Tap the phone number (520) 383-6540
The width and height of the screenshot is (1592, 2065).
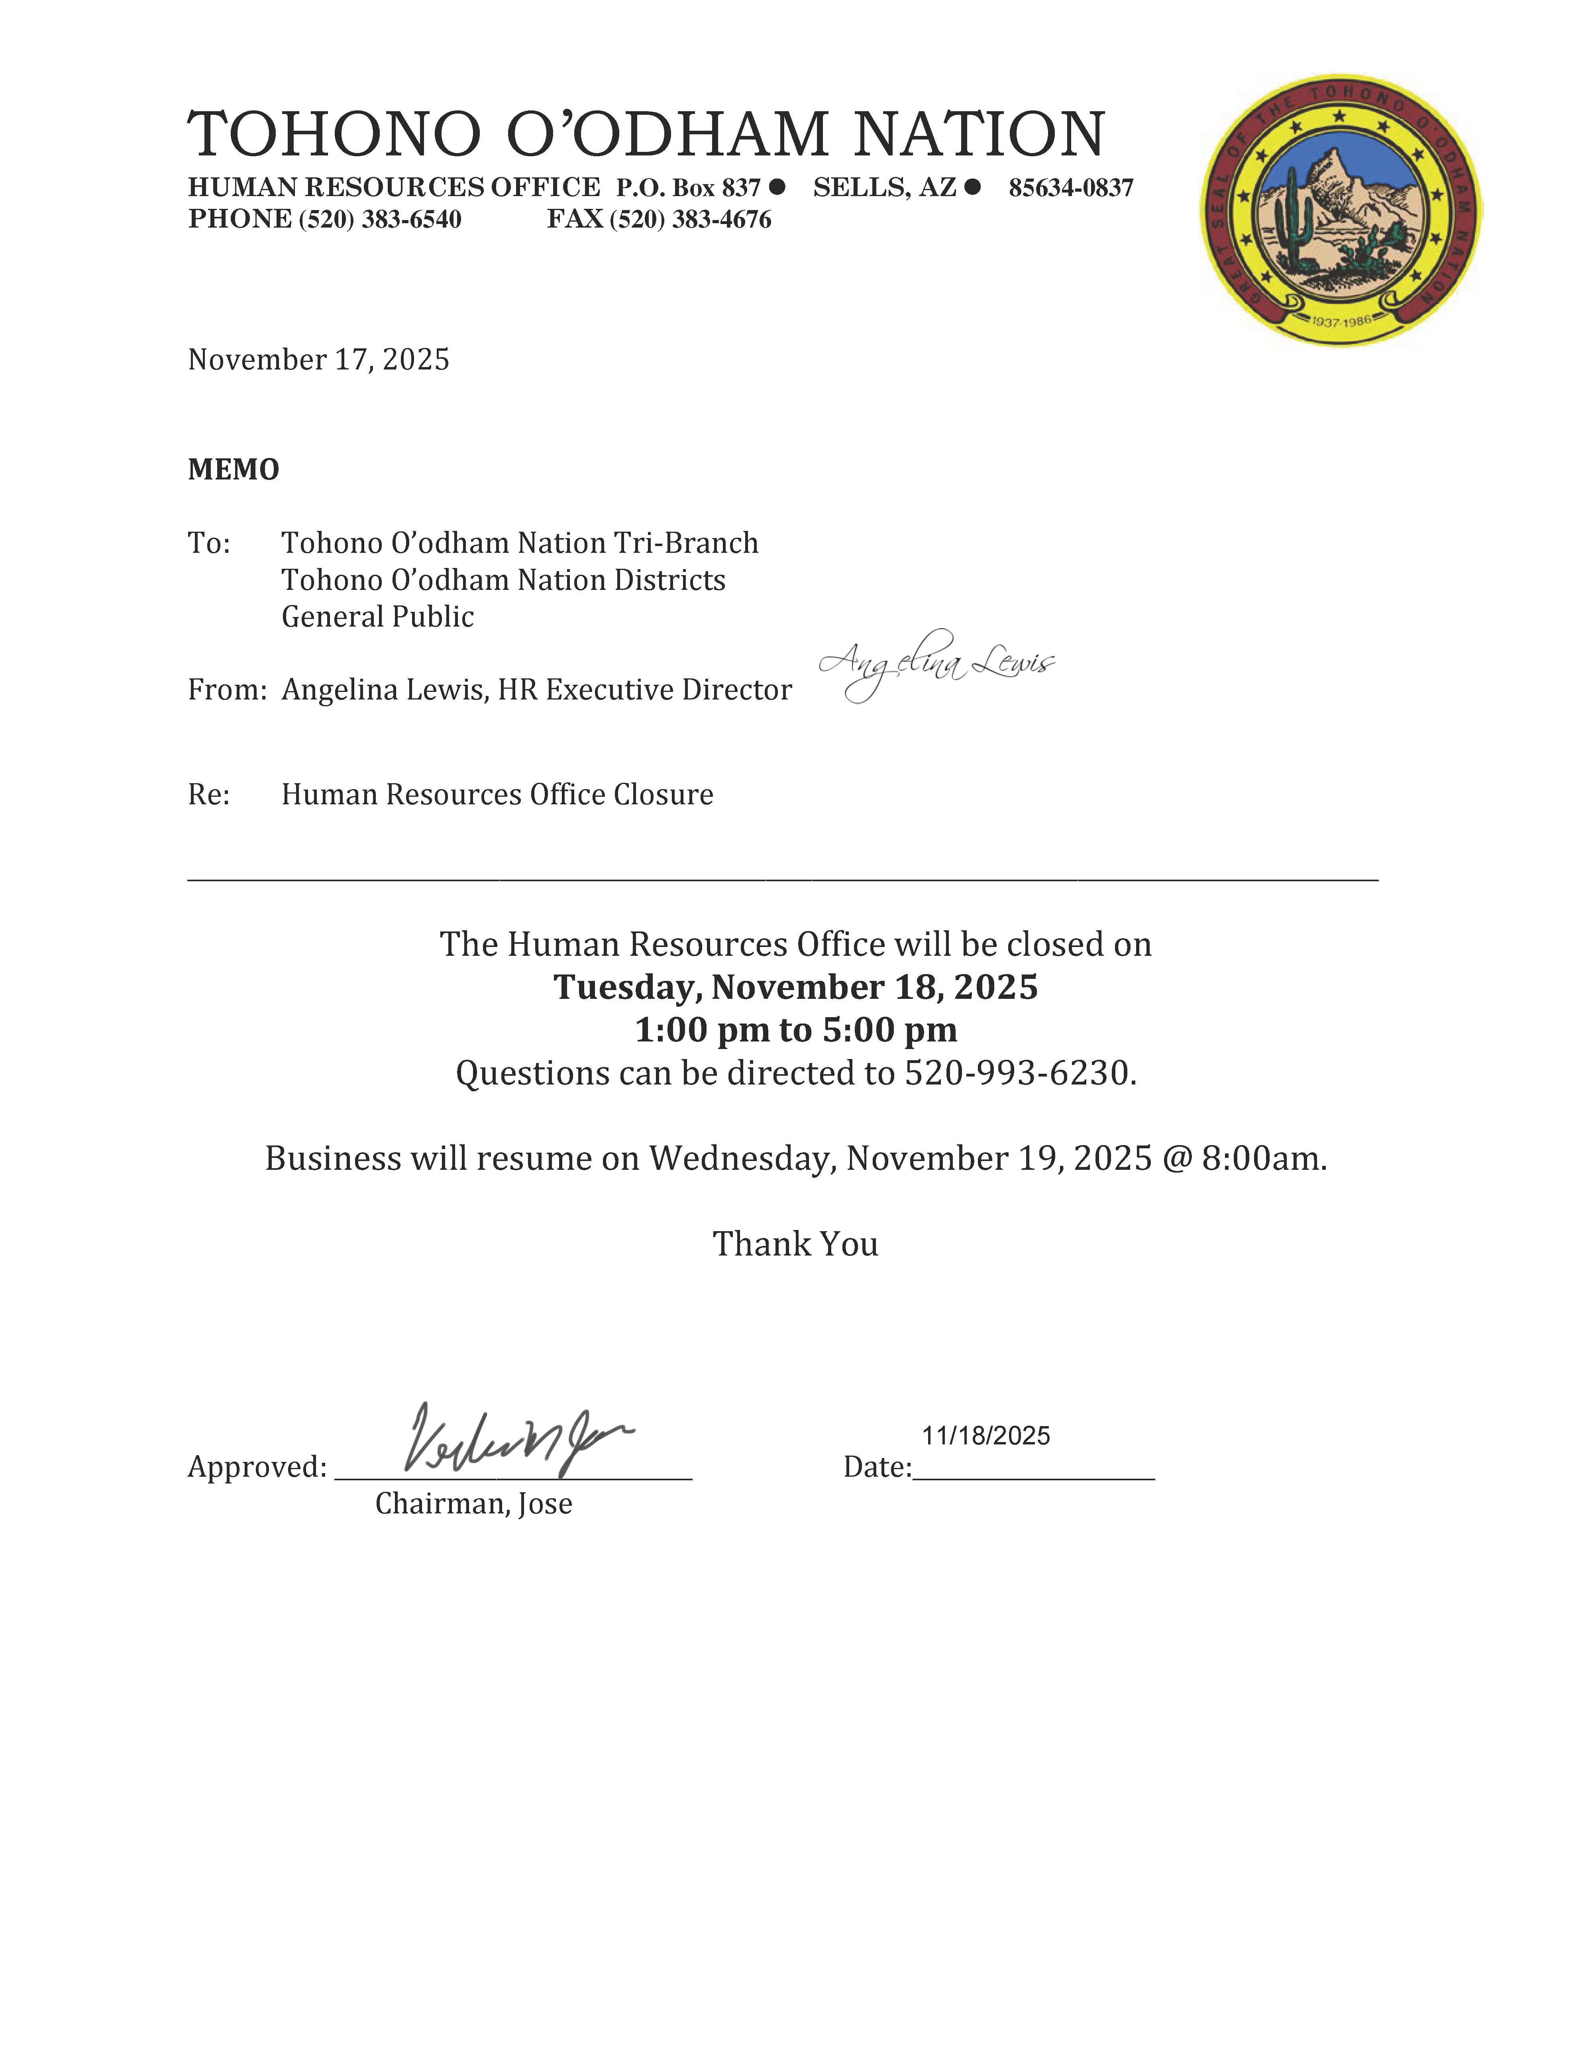point(380,219)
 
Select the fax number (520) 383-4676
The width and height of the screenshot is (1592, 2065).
point(690,219)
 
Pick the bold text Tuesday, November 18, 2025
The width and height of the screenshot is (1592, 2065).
point(795,987)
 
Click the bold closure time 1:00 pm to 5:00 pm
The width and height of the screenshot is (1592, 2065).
point(795,1030)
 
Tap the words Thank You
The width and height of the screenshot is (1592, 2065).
point(795,1244)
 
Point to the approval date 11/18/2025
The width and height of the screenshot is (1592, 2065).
point(986,1436)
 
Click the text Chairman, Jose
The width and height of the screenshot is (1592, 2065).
point(474,1503)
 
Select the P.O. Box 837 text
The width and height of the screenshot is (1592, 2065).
point(688,188)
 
